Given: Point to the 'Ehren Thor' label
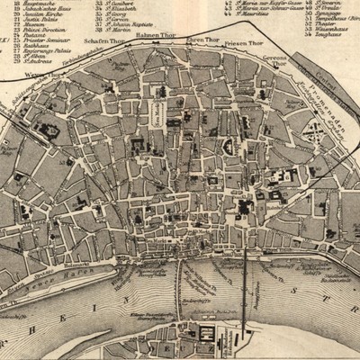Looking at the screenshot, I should (x=202, y=41).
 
